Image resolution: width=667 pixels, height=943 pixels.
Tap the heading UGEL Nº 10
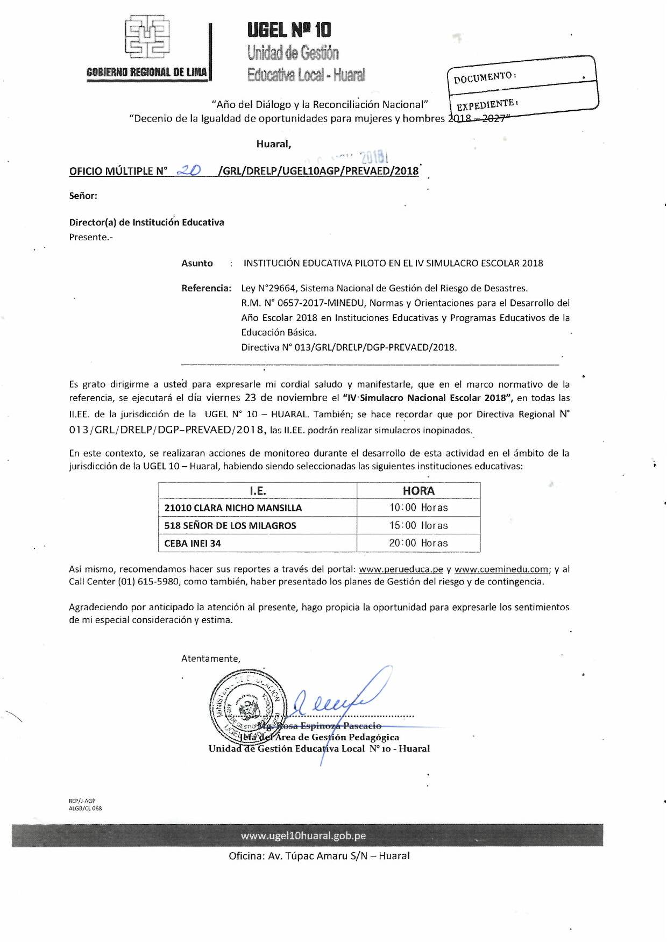point(289,30)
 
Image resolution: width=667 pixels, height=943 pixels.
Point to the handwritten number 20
point(189,170)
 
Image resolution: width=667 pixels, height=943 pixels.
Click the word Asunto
point(197,263)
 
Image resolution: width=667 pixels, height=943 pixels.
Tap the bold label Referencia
point(206,288)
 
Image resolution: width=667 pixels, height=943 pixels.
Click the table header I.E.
point(258,491)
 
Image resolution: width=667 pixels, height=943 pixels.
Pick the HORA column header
point(418,491)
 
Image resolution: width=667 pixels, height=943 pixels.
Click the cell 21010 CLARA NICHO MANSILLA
point(233,508)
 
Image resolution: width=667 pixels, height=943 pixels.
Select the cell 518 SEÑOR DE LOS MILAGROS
point(230,526)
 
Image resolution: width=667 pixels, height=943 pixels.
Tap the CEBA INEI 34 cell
point(193,544)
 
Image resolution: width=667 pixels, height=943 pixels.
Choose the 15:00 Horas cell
point(418,526)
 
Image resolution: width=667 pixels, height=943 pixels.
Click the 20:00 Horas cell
point(418,544)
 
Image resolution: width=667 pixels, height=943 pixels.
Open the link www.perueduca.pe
point(401,569)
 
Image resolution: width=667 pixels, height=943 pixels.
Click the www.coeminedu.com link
point(501,569)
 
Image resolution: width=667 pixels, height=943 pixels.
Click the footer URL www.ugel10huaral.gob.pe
point(303,835)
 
